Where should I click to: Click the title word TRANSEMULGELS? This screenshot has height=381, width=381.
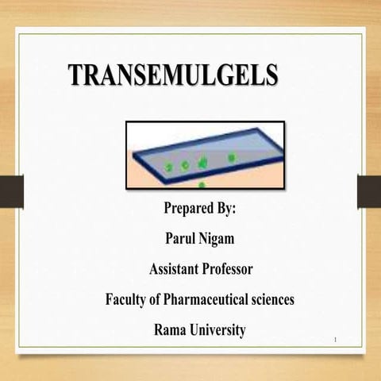pyautogui.click(x=173, y=75)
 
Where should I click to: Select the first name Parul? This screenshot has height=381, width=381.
pyautogui.click(x=180, y=238)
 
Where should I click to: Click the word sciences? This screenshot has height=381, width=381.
pyautogui.click(x=271, y=300)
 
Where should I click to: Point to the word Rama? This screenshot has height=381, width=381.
pyautogui.click(x=169, y=329)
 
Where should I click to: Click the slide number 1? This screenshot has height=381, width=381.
pyautogui.click(x=337, y=341)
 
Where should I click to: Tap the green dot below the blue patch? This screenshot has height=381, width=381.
pyautogui.click(x=202, y=185)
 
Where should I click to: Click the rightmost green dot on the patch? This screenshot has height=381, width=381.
pyautogui.click(x=231, y=158)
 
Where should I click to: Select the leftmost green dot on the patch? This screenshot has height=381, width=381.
pyautogui.click(x=169, y=167)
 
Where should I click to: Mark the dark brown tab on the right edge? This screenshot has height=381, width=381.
pyautogui.click(x=369, y=191)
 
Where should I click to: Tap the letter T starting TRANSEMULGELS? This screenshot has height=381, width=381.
pyautogui.click(x=75, y=75)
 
